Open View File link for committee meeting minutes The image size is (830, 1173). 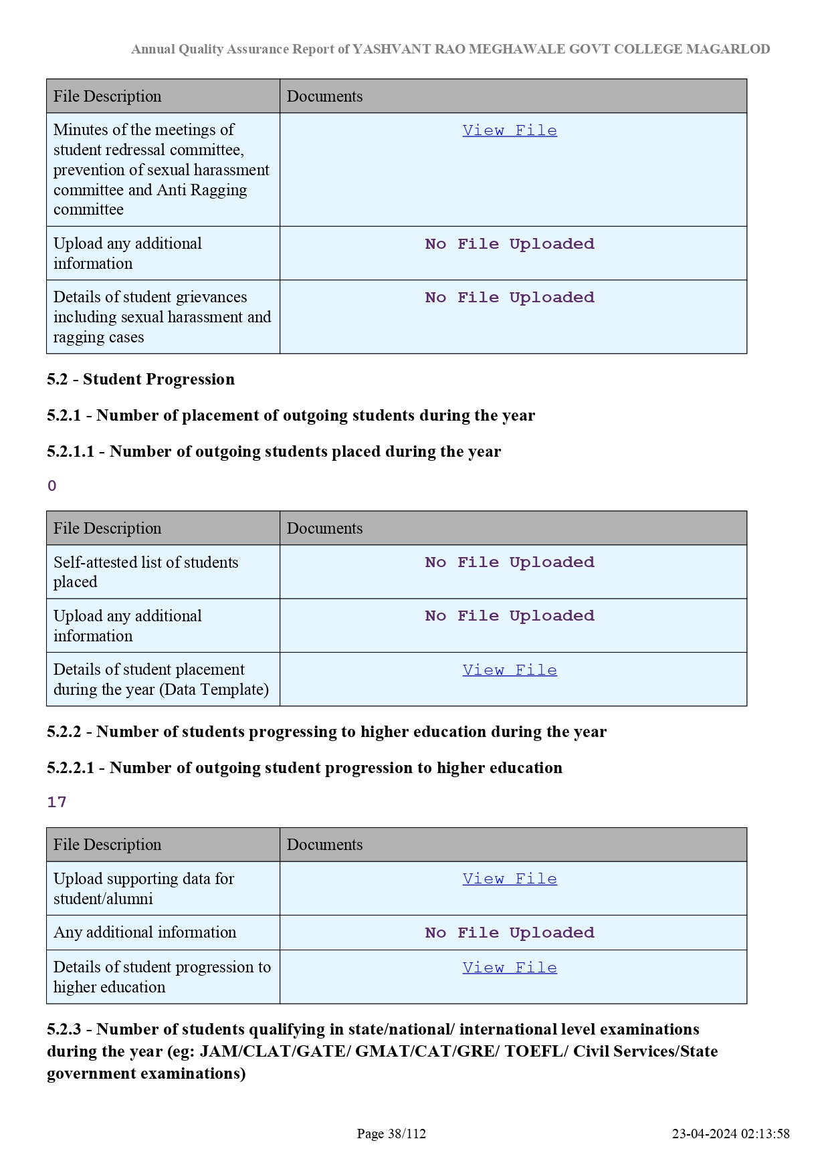[509, 130]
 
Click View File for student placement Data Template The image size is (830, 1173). [509, 670]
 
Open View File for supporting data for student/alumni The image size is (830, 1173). [509, 879]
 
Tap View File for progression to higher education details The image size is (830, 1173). [509, 968]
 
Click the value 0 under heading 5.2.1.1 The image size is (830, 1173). [52, 486]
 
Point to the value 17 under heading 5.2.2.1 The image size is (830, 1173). [57, 803]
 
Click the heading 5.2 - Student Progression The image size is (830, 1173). [140, 379]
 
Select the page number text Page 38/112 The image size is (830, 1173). [391, 1134]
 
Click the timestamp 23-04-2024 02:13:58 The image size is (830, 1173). [730, 1134]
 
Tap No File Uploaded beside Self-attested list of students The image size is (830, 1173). [509, 562]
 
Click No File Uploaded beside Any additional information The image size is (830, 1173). [509, 933]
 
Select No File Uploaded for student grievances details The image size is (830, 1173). [509, 298]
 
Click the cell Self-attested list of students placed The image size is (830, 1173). [146, 572]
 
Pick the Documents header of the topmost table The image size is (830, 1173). [324, 96]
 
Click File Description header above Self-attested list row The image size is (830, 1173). [107, 528]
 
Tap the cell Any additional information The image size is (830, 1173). [144, 932]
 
